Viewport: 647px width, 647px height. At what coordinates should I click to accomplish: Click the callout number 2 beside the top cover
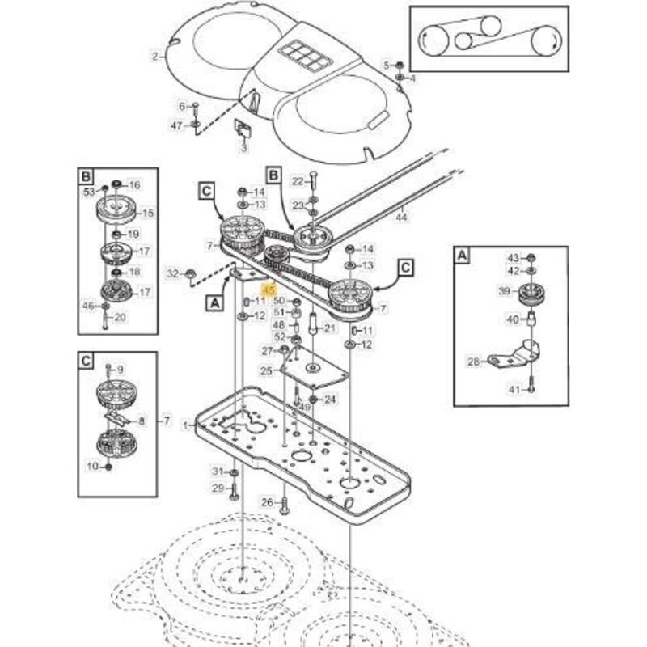coord(154,56)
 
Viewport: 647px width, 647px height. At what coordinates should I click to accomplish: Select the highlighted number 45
coord(270,289)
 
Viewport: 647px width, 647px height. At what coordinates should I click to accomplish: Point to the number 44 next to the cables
coord(402,217)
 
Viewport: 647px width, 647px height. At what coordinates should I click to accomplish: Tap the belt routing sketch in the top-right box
coord(488,38)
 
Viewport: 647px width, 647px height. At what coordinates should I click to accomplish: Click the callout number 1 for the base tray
coord(185,423)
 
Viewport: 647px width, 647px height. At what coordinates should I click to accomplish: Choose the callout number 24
coord(329,400)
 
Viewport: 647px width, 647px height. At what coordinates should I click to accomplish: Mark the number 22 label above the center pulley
coord(297,180)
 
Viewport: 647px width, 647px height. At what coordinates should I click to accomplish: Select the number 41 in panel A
coord(512,389)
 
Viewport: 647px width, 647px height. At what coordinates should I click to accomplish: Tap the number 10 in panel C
coord(91,466)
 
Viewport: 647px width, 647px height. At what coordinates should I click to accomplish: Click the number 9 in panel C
coord(121,370)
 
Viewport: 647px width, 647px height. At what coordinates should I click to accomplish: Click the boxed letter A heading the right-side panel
coord(462,256)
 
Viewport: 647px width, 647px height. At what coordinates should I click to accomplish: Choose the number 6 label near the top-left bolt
coord(182,106)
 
